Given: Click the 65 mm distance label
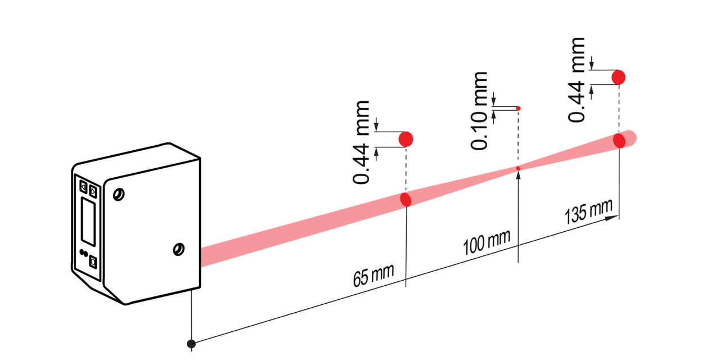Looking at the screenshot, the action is coord(373,276).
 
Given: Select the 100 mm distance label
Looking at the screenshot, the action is coord(487,242).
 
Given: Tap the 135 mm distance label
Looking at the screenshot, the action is coord(588,211).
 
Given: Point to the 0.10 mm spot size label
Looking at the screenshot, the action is coord(479,111).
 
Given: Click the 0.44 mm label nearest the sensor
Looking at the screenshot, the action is coord(361,142).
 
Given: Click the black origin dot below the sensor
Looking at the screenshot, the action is coord(191,344).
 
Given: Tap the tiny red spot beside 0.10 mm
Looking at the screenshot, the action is coord(518,109).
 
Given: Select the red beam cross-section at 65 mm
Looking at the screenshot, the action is coord(406,200).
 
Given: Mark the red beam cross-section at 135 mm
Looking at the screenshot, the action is coord(619,141).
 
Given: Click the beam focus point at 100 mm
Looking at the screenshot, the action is coord(518,168).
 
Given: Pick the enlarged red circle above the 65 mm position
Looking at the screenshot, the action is coord(406,139).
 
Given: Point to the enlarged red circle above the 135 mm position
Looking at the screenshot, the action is coord(618,78).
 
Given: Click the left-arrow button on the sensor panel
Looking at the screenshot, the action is coord(83,187).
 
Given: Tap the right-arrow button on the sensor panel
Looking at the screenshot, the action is coord(93,192).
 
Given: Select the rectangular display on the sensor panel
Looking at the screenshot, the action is coord(88,222).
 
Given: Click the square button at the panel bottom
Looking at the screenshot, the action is coord(93,262).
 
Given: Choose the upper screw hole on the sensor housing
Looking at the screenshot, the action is coord(119,195).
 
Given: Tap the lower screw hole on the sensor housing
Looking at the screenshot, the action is coord(178,249).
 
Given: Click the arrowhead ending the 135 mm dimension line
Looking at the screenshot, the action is coord(611,218).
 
